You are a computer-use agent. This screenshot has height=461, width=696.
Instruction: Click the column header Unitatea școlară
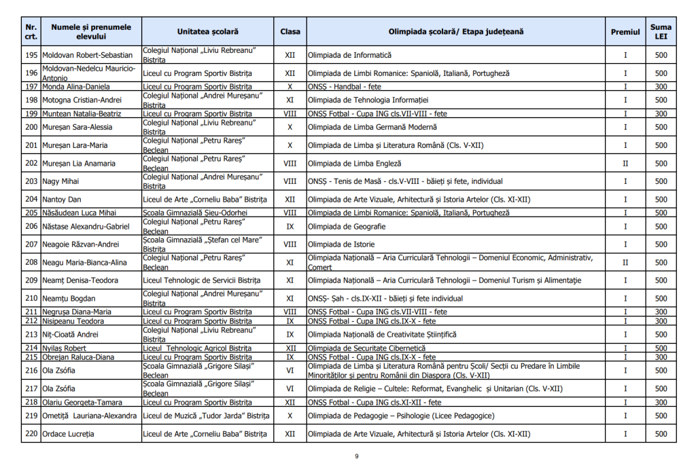point(208,31)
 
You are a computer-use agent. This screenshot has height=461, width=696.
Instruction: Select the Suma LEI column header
point(661,31)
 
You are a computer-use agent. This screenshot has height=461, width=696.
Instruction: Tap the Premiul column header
point(625,31)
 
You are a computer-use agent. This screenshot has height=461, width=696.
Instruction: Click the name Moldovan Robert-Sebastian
point(88,55)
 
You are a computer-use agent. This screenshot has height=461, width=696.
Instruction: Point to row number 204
point(31,200)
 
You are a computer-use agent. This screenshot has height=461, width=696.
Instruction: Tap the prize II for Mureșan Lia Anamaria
point(625,164)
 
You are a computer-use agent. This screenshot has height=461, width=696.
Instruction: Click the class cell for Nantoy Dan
point(290,200)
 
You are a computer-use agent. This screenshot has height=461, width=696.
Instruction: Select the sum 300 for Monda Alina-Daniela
point(661,86)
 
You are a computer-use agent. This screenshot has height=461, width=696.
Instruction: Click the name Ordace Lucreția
point(69,434)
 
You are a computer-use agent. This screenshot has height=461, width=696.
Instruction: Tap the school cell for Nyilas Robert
point(198,348)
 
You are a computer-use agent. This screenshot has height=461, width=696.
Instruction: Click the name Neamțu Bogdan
point(65,298)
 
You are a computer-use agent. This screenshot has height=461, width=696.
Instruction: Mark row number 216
point(31,371)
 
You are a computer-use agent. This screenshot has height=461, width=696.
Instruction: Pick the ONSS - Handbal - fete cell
point(343,86)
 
